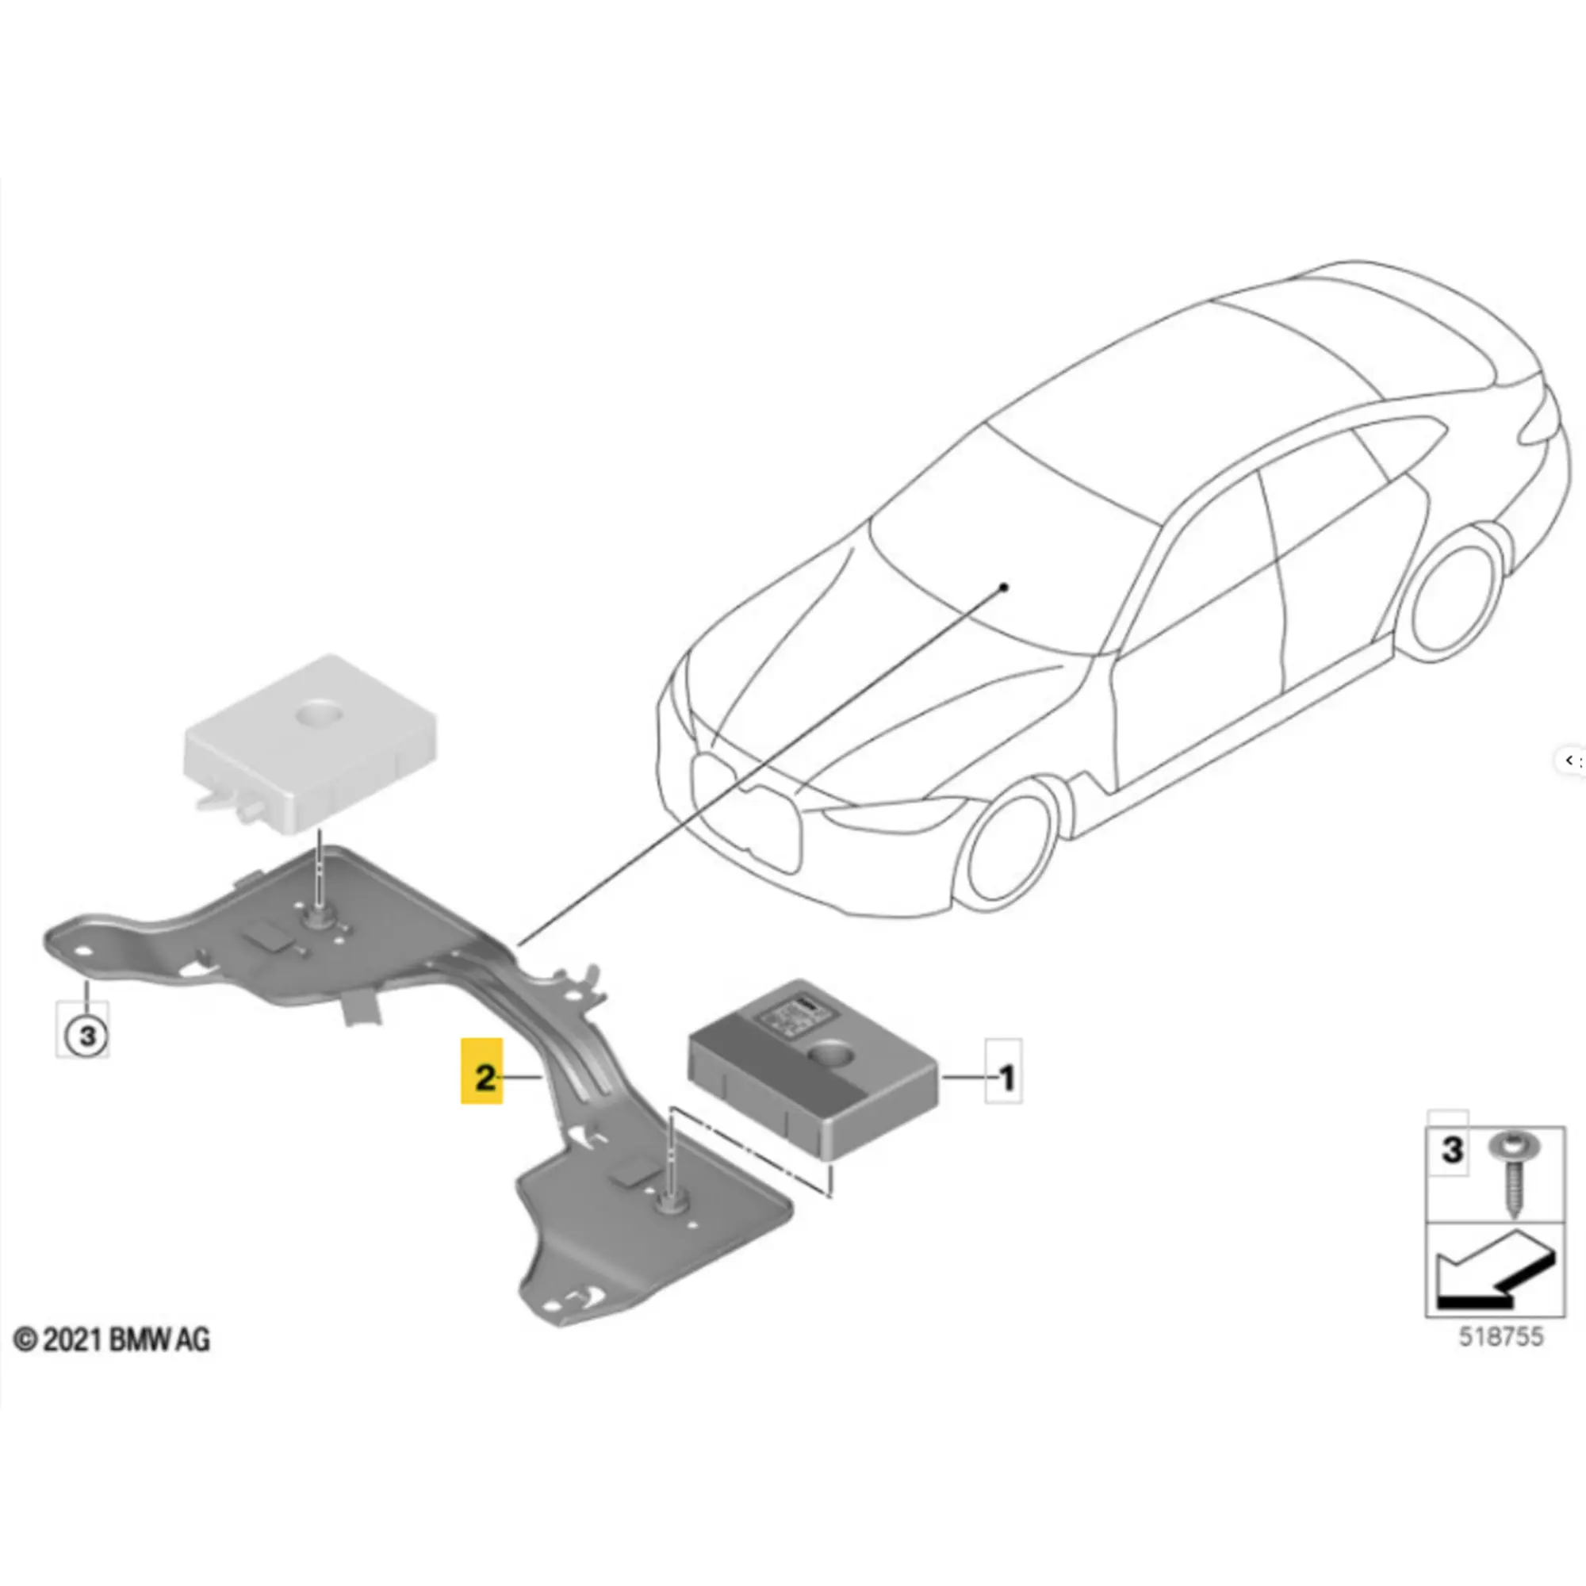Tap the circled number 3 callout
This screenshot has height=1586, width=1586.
86,1035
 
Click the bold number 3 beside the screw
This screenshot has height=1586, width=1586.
1450,1150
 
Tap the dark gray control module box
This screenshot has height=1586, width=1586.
813,1067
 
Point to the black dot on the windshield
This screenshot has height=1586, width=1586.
1003,587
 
